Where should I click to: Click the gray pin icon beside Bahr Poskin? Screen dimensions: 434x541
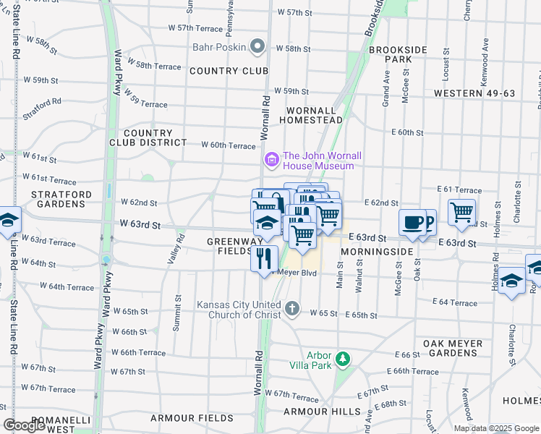(258, 47)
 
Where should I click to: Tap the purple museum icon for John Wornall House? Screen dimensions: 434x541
(272, 158)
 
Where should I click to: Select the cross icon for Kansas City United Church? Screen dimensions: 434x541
(291, 309)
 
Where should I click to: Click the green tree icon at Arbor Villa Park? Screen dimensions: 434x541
(344, 358)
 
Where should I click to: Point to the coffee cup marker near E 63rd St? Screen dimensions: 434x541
(412, 223)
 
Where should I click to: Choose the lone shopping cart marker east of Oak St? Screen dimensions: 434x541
(461, 212)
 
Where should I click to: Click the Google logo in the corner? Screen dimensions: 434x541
(24, 425)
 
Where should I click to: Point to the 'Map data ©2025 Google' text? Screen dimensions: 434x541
(496, 428)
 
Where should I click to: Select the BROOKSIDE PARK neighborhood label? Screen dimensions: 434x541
(398, 54)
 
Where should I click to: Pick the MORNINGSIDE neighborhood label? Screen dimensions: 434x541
(377, 251)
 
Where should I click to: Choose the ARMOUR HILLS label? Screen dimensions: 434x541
(322, 412)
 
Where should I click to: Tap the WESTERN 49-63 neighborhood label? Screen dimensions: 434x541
(474, 93)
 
